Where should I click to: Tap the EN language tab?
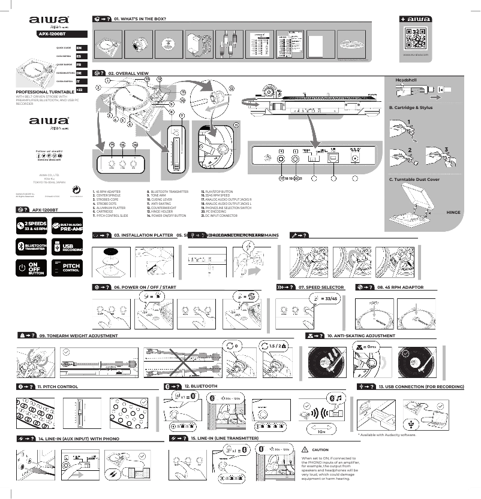79,47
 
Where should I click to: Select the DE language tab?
79,72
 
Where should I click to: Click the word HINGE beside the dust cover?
453,212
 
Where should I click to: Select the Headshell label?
406,80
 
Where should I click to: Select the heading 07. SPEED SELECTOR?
321,287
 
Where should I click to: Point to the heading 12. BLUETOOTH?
201,386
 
